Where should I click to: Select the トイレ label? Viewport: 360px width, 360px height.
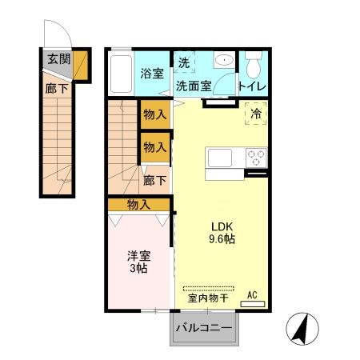coord(253,86)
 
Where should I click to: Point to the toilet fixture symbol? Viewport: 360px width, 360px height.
coord(254,63)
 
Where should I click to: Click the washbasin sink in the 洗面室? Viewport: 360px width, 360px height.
coord(222,61)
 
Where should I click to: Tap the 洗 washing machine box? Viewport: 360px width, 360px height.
coord(183,63)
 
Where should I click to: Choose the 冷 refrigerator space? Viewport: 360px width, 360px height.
coord(256,115)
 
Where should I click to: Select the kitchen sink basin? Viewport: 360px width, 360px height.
coord(220,158)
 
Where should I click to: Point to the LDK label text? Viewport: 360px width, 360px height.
coord(222,225)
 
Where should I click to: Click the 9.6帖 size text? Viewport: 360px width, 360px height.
coord(222,238)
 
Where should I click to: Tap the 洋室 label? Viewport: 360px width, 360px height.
coord(138,256)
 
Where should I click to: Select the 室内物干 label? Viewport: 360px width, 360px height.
coord(208,298)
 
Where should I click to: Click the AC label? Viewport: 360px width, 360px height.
coord(252,295)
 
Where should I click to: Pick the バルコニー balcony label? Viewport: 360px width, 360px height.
coord(203,328)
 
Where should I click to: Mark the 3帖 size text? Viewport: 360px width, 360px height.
coord(138,270)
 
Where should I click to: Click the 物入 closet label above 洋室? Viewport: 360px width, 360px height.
coord(138,205)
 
